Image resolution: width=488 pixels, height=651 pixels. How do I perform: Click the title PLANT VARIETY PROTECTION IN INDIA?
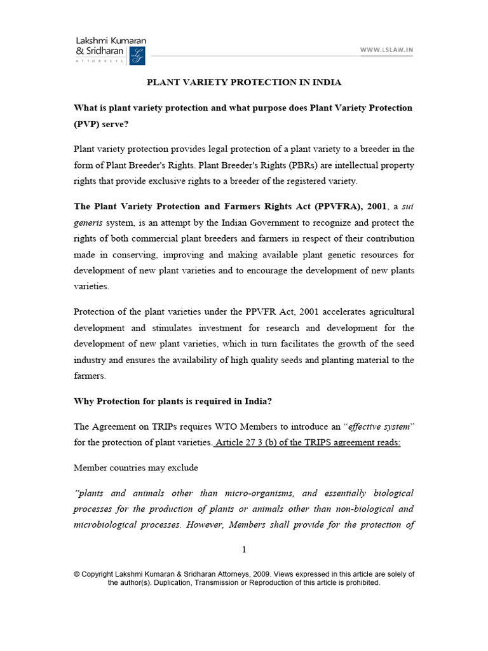coord(245,83)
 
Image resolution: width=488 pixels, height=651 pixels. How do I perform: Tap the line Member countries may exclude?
coord(136,468)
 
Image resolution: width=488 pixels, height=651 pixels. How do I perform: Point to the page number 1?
coord(244,550)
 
